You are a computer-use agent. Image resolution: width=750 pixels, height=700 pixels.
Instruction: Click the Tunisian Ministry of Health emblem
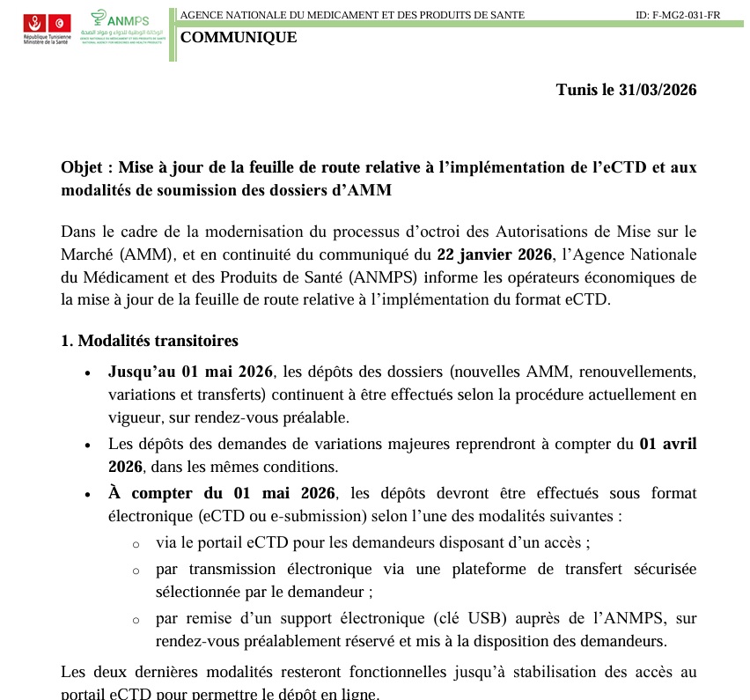pyautogui.click(x=48, y=26)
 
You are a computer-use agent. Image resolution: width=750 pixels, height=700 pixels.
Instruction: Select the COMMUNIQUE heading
pyautogui.click(x=239, y=37)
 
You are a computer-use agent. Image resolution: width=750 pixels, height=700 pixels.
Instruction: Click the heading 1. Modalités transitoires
pyautogui.click(x=149, y=341)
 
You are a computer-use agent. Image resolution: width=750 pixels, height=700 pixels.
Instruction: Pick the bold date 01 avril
pyautogui.click(x=667, y=444)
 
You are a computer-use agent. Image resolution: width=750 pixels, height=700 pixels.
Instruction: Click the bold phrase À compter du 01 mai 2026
pyautogui.click(x=221, y=492)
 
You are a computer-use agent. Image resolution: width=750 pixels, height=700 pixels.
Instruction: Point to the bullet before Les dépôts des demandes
pyautogui.click(x=86, y=446)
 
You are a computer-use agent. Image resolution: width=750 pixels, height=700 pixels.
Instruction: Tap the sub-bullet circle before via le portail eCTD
pyautogui.click(x=136, y=545)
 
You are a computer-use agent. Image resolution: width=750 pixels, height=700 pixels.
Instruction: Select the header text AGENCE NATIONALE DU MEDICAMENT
pyautogui.click(x=352, y=16)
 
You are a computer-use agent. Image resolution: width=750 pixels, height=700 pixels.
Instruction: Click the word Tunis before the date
pyautogui.click(x=577, y=90)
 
